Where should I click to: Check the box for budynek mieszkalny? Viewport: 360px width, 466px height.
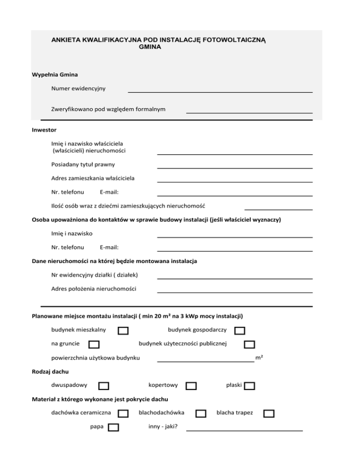(123, 331)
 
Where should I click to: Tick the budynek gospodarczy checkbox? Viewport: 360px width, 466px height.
(240, 331)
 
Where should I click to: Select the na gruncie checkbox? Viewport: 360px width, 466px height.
(94, 345)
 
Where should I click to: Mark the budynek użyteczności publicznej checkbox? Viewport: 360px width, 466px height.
(249, 345)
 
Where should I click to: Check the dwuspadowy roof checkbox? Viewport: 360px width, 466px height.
(104, 386)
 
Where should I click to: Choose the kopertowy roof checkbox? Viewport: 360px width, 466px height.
(191, 386)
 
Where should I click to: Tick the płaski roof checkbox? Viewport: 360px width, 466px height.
(249, 386)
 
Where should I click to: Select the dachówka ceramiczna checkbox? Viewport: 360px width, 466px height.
(123, 413)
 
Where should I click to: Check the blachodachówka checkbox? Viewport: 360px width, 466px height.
(201, 413)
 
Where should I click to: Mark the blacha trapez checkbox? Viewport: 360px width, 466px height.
(269, 413)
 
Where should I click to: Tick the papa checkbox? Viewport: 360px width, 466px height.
(113, 427)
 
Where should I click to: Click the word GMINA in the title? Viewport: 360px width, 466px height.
(150, 47)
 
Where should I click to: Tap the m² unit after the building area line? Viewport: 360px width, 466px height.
(258, 358)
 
